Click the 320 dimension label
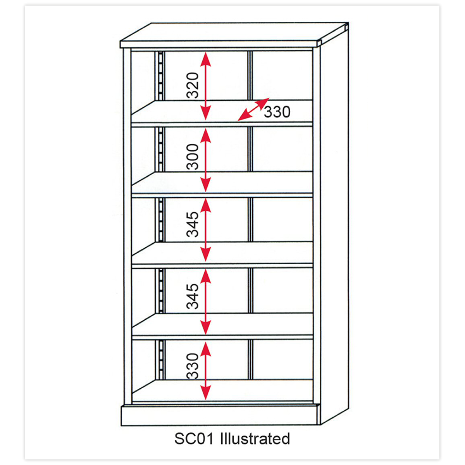pos(193,85)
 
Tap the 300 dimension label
pos(193,157)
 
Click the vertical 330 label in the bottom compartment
pos(193,366)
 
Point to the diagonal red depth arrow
pos(253,109)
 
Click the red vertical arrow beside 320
pos(206,86)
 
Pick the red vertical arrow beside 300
pos(206,160)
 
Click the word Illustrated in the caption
pos(255,438)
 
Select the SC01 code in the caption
pos(194,439)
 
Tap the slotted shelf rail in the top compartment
pos(161,76)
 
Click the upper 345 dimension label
pos(193,224)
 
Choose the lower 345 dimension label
pos(193,296)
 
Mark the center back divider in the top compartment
pos(250,75)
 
